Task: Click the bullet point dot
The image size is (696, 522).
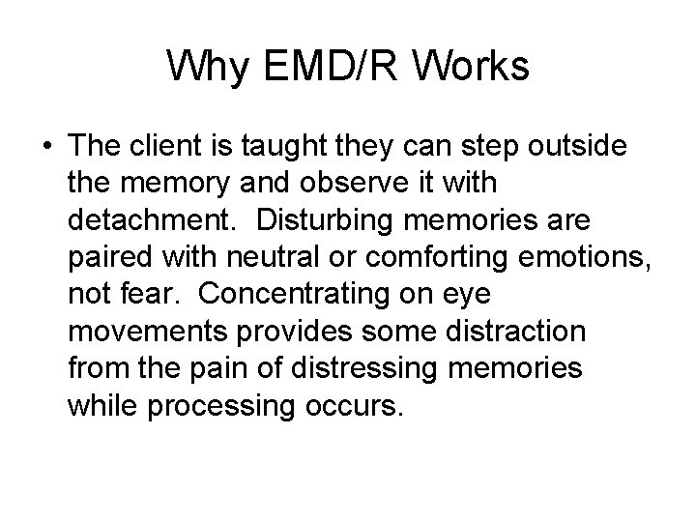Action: (46, 146)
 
